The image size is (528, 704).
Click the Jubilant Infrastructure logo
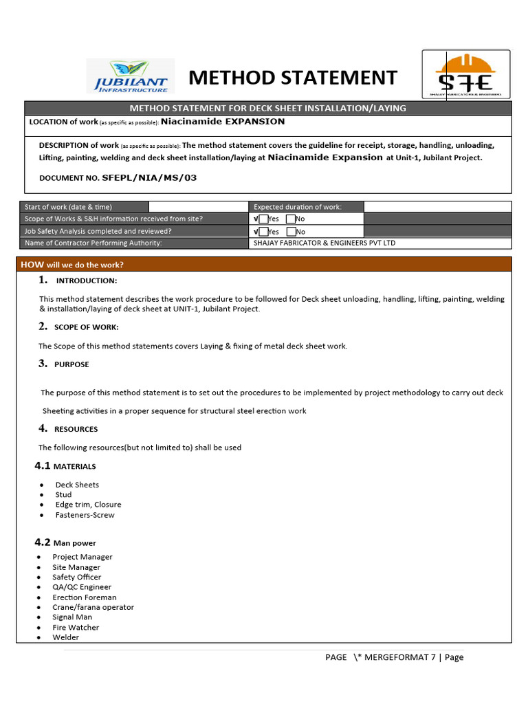click(x=131, y=76)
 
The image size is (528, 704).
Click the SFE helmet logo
click(x=465, y=74)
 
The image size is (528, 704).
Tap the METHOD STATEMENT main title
click(x=293, y=78)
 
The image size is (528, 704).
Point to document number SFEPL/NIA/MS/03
click(x=149, y=177)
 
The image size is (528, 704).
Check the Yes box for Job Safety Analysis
click(x=263, y=232)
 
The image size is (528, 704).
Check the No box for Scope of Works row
click(x=291, y=219)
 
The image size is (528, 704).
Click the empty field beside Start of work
click(x=198, y=207)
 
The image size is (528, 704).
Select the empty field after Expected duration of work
click(x=437, y=207)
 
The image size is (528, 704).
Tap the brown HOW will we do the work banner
click(x=264, y=265)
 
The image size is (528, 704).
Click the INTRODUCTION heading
click(x=86, y=280)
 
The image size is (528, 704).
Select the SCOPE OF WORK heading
click(x=87, y=327)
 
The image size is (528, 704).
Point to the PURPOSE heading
click(x=72, y=364)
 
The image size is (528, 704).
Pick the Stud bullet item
click(x=63, y=495)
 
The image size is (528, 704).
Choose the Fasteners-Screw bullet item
click(x=85, y=515)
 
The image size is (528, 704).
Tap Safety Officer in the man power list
click(x=76, y=577)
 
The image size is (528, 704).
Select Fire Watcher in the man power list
click(x=76, y=628)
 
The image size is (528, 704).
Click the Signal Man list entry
click(x=72, y=617)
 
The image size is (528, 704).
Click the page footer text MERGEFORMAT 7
click(x=395, y=657)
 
